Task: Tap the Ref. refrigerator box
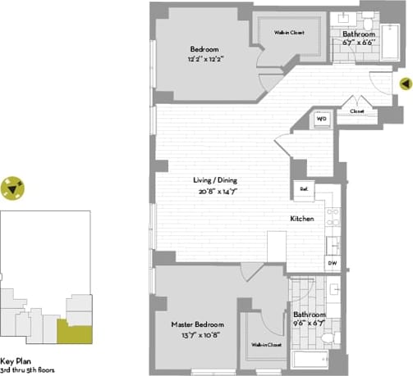[x=303, y=190]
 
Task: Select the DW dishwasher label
[x=332, y=263]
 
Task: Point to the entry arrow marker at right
[x=405, y=83]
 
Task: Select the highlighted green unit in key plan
[x=74, y=332]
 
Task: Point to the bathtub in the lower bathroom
[x=310, y=359]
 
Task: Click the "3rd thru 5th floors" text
[x=27, y=370]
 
